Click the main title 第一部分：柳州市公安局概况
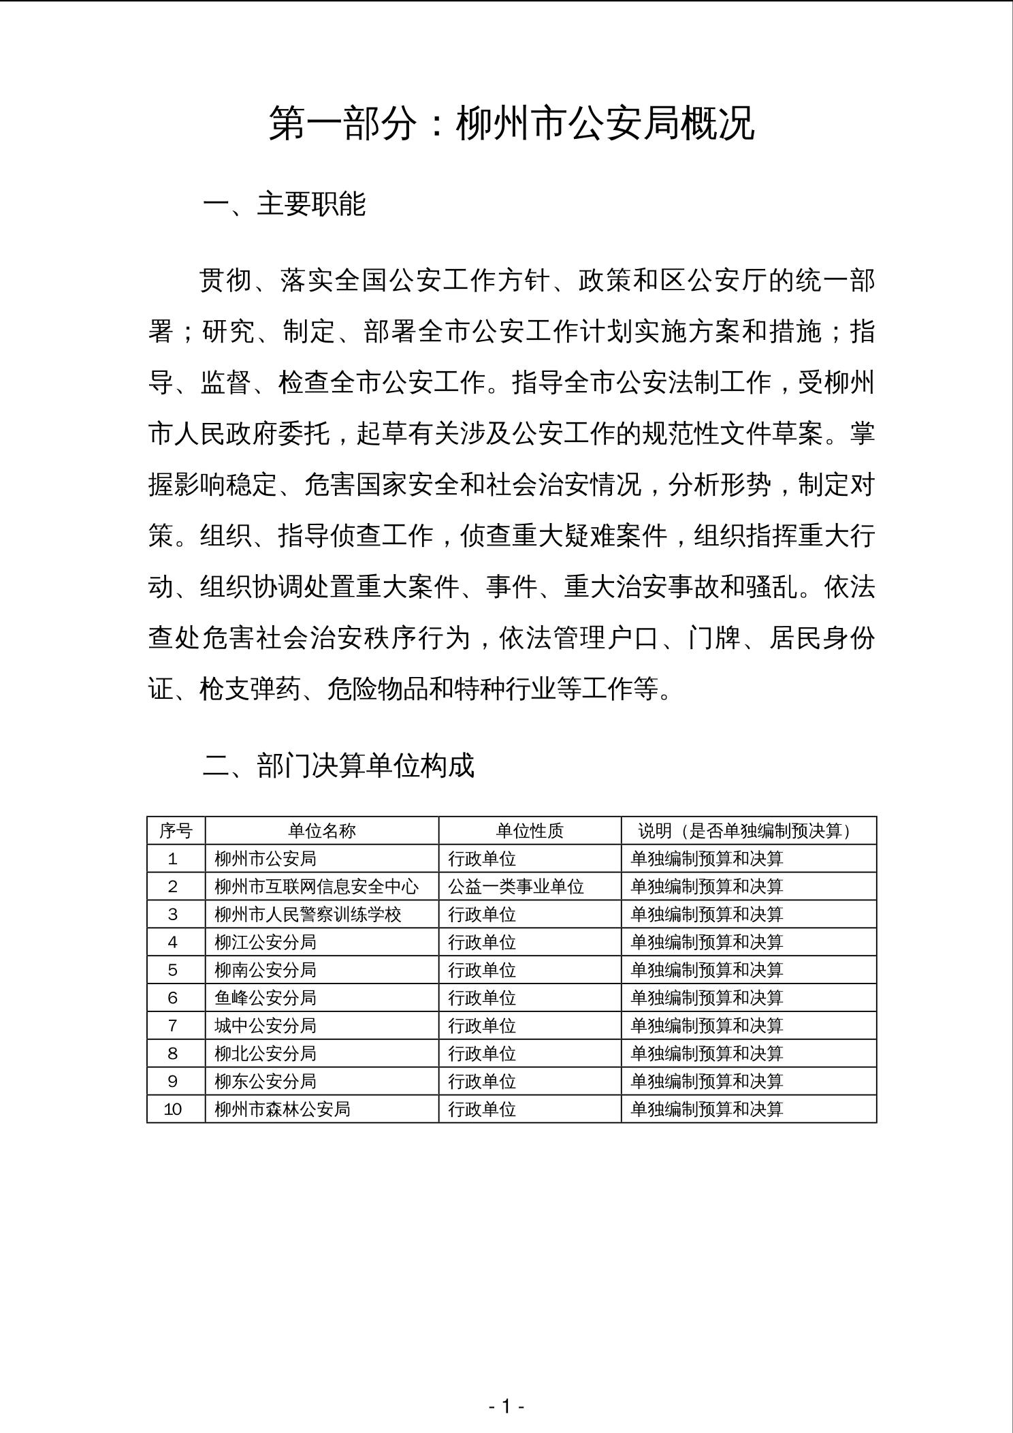click(x=512, y=124)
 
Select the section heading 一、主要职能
click(x=284, y=204)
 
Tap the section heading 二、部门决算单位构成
click(x=338, y=766)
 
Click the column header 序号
click(x=176, y=831)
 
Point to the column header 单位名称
click(x=322, y=831)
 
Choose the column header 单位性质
click(x=530, y=831)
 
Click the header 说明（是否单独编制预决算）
click(x=747, y=831)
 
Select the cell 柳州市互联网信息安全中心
click(x=317, y=887)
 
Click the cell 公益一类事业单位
click(x=516, y=887)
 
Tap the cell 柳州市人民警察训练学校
click(x=308, y=915)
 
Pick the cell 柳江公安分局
click(x=266, y=943)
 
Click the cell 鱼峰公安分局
click(x=266, y=998)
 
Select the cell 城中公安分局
click(x=266, y=1026)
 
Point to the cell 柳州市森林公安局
click(x=283, y=1109)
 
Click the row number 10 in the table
click(x=173, y=1109)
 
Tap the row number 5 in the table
click(x=173, y=971)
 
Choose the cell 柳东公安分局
click(x=266, y=1082)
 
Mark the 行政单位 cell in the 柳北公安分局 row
click(x=482, y=1054)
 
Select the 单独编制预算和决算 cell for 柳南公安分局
click(x=707, y=971)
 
